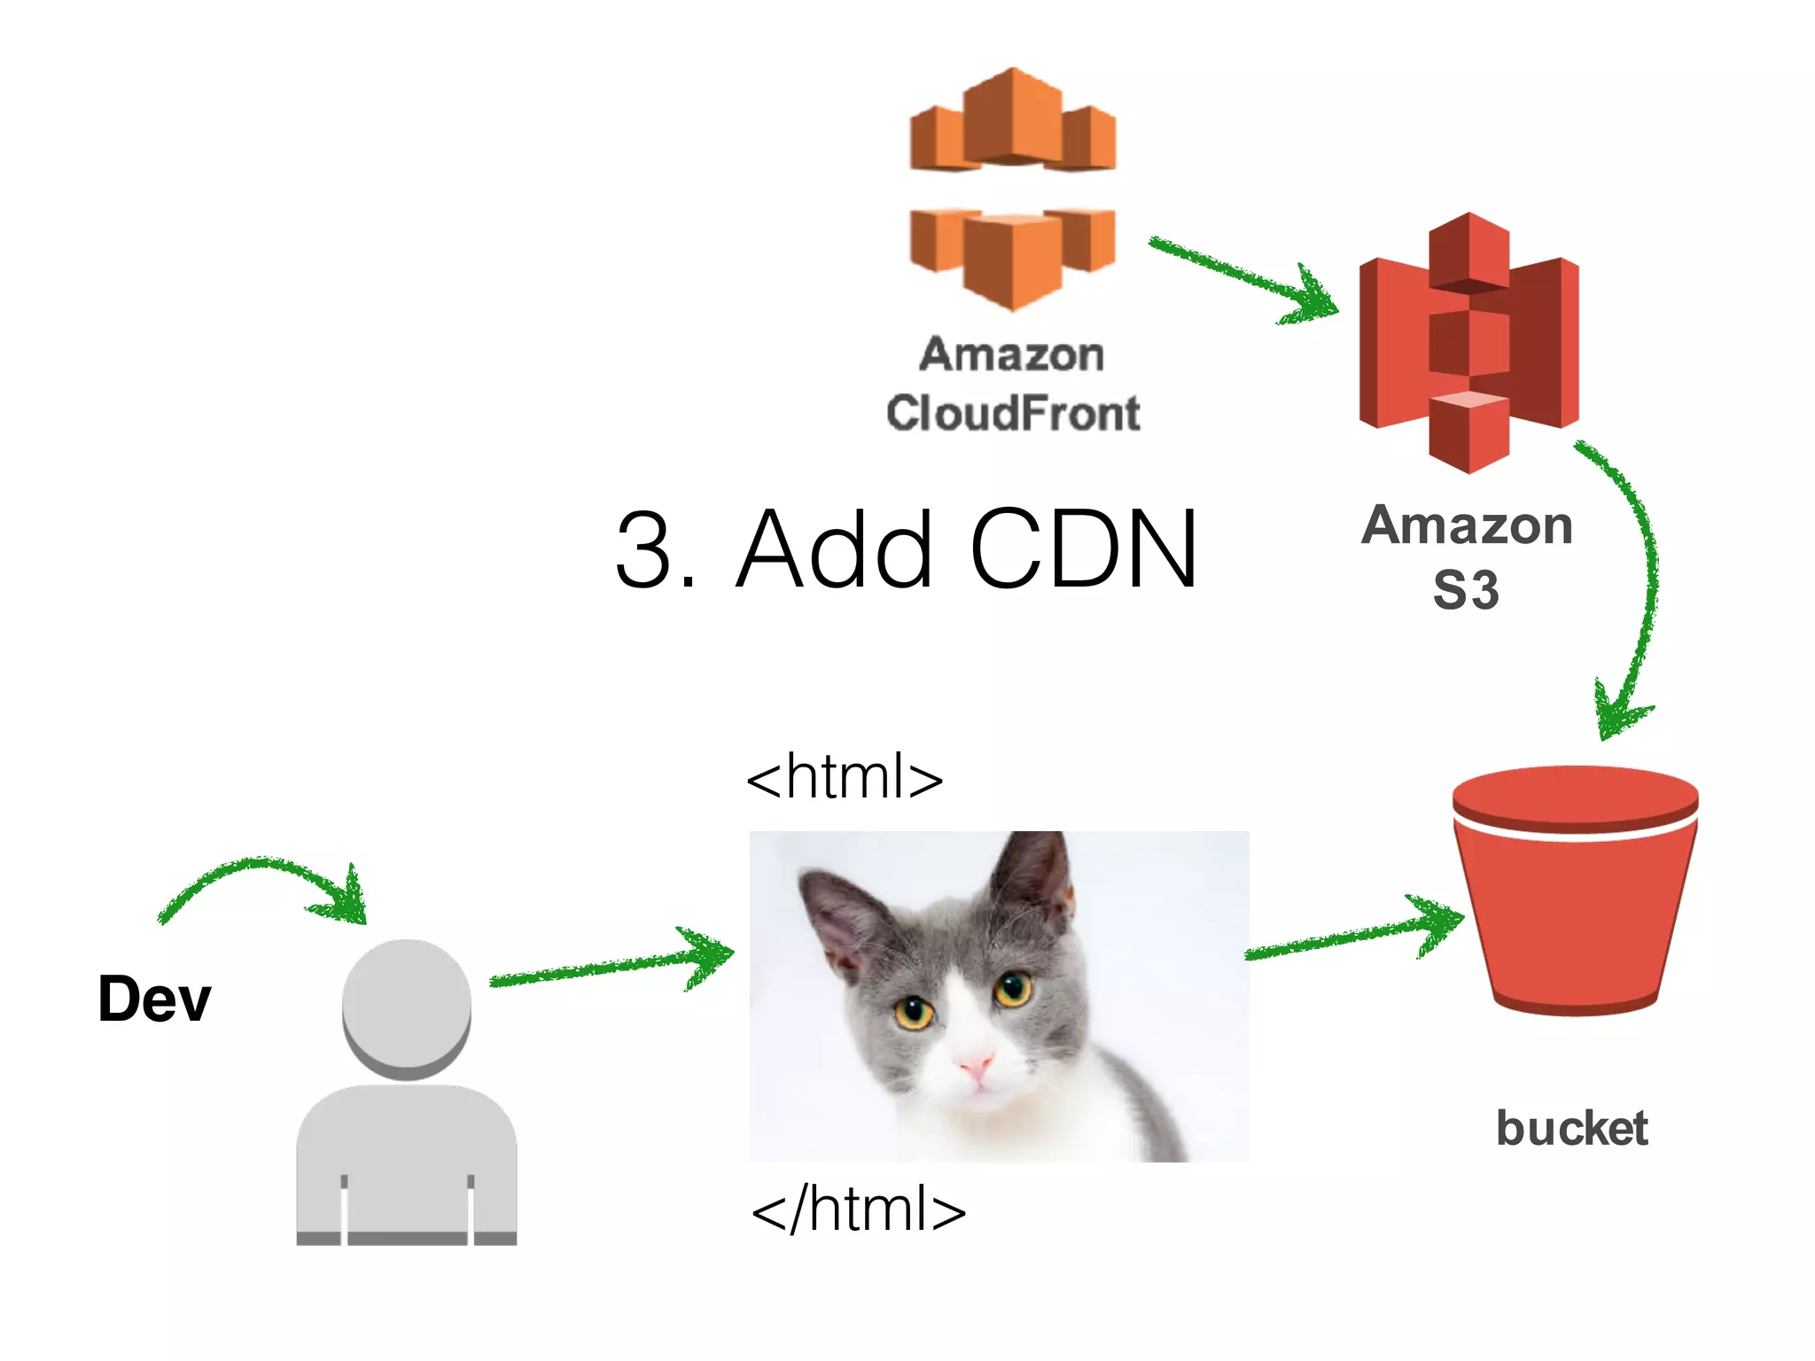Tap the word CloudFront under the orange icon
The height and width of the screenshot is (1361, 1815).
(x=1013, y=414)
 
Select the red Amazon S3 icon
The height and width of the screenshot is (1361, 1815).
(x=1468, y=344)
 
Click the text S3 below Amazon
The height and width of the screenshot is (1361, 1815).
(x=1466, y=590)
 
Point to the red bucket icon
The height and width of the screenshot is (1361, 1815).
(x=1575, y=890)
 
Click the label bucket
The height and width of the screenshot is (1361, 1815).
(x=1571, y=1129)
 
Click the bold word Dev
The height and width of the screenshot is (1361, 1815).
(x=155, y=999)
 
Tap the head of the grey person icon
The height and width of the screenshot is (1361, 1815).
(x=407, y=1006)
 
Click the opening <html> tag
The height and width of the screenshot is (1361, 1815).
(x=845, y=777)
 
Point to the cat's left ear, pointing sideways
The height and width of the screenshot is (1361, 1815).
(x=837, y=913)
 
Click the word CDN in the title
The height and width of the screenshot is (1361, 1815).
(x=1083, y=549)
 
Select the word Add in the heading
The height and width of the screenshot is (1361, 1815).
(x=834, y=549)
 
